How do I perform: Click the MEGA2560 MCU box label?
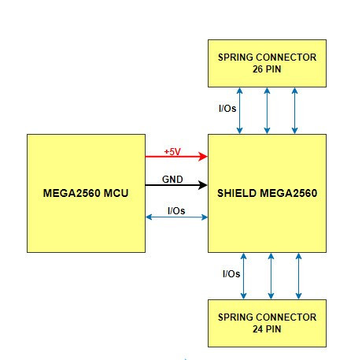click(x=86, y=193)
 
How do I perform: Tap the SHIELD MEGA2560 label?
click(x=267, y=193)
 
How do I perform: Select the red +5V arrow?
click(x=176, y=157)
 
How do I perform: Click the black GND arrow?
click(x=176, y=185)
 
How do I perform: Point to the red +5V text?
click(x=172, y=151)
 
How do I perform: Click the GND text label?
click(x=172, y=180)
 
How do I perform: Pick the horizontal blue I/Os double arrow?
click(x=176, y=217)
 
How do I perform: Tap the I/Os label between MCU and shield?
click(x=176, y=210)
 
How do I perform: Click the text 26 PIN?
click(x=267, y=69)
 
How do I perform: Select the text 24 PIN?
click(x=267, y=329)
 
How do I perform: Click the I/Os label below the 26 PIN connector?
click(x=227, y=108)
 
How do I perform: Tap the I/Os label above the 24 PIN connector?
click(x=231, y=274)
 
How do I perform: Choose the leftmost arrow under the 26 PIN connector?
click(x=239, y=110)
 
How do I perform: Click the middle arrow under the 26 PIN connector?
click(x=267, y=110)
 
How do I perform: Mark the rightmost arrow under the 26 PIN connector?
click(x=294, y=110)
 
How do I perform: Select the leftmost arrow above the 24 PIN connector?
click(x=243, y=276)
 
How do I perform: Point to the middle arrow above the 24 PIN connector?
click(x=271, y=276)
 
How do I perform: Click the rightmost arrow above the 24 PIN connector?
click(x=298, y=276)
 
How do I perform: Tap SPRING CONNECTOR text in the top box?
click(x=267, y=58)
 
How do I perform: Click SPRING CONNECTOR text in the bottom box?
click(x=267, y=317)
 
